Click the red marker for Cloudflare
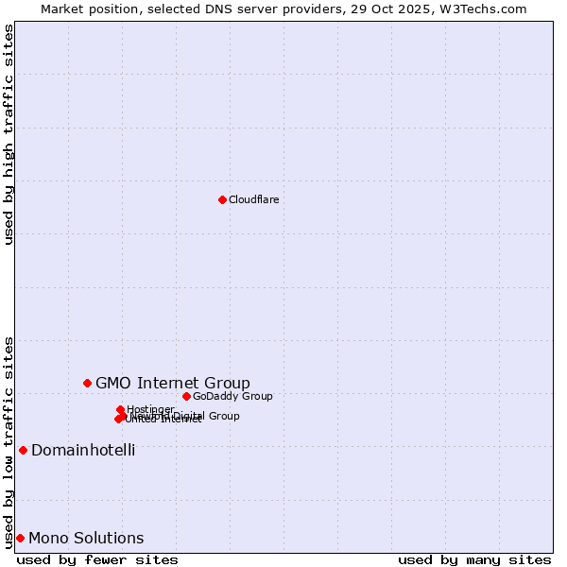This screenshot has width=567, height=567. (x=222, y=199)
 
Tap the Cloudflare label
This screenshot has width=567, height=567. (x=254, y=199)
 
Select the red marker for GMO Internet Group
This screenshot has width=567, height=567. (x=87, y=383)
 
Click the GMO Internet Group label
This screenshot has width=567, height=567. (x=173, y=383)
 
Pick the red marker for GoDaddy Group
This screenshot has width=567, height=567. (x=186, y=396)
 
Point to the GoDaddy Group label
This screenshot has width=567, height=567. (x=232, y=396)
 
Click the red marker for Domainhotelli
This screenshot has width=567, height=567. (x=23, y=450)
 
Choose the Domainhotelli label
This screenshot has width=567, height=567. (x=83, y=450)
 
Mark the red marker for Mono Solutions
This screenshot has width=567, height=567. (x=20, y=538)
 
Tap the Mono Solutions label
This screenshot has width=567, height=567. (x=86, y=539)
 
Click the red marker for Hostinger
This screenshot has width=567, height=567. (x=120, y=409)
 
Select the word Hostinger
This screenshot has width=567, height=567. (x=151, y=409)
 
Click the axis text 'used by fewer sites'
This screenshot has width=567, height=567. (x=97, y=559)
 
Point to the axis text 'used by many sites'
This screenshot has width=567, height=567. (x=474, y=559)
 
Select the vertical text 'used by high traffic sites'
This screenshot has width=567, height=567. (x=9, y=134)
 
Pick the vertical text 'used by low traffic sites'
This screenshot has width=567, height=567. (x=9, y=441)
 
